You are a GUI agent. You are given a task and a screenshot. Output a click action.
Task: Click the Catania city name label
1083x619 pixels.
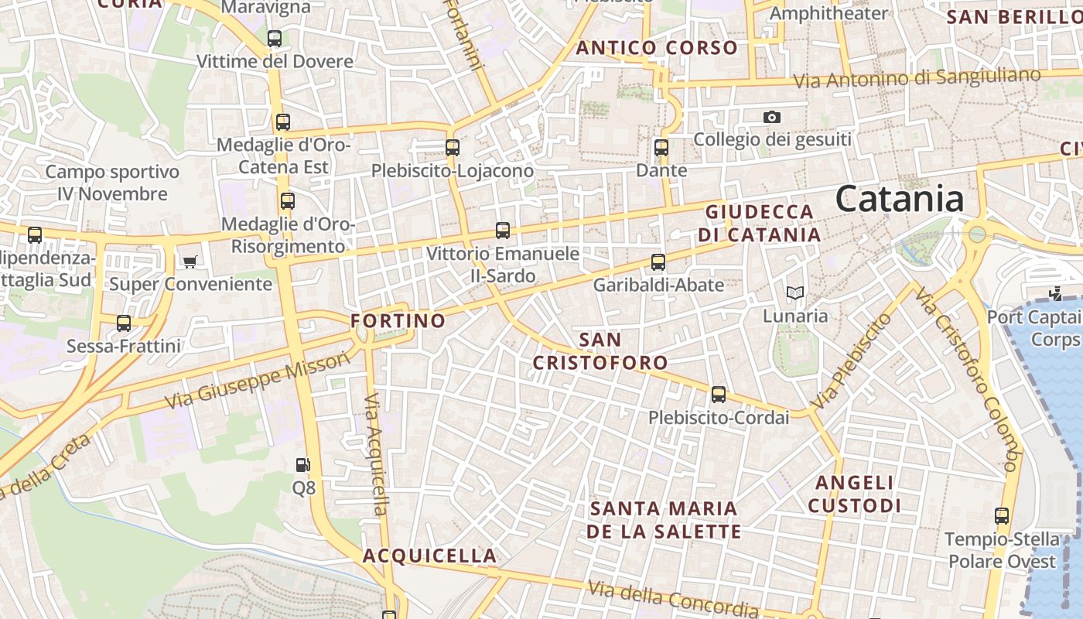click(x=900, y=199)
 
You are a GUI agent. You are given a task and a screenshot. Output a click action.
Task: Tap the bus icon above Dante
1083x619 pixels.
click(x=661, y=147)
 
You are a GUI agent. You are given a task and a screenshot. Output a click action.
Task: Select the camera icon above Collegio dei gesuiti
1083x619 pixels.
click(x=771, y=118)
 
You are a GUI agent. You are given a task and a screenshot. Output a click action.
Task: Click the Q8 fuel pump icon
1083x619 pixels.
click(x=303, y=465)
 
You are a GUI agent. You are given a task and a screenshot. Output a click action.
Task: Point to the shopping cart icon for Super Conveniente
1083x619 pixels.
click(x=190, y=262)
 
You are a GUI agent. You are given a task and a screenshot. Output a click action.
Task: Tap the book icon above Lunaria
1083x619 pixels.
click(x=795, y=292)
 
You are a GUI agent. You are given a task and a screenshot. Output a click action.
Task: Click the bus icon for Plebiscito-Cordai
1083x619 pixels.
click(x=719, y=395)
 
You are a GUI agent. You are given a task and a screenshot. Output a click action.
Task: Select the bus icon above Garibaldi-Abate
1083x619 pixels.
click(x=658, y=262)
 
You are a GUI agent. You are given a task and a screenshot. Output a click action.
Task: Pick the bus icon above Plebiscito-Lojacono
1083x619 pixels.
click(x=452, y=147)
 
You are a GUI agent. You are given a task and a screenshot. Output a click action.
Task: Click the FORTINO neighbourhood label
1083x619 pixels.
click(x=398, y=320)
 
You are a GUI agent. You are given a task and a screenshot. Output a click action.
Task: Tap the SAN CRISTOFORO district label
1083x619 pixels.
click(x=600, y=351)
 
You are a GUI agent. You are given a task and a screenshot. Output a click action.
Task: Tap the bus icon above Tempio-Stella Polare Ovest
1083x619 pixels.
click(x=1002, y=515)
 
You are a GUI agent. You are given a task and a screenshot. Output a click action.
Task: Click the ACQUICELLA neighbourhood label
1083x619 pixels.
click(x=429, y=556)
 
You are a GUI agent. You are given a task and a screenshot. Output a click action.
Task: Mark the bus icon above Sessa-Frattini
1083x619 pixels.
click(x=124, y=323)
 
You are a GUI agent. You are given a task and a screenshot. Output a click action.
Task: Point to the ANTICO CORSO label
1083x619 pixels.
click(x=657, y=48)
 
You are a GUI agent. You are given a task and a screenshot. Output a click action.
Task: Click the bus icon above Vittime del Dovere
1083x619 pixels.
click(x=274, y=39)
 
